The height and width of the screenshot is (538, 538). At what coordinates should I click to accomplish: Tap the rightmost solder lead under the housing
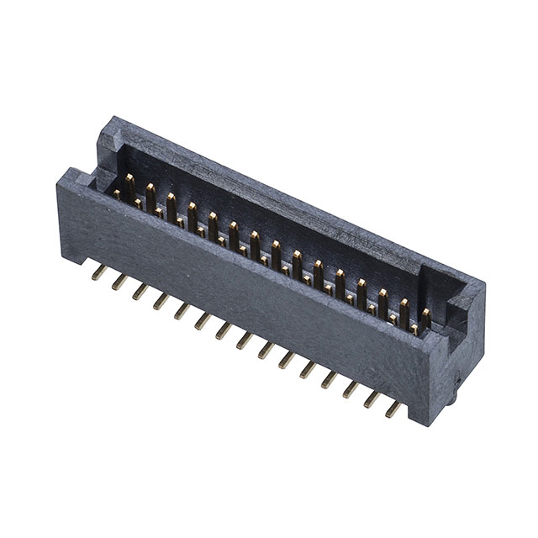point(392,410)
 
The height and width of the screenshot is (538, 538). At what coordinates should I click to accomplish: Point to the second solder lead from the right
point(370,400)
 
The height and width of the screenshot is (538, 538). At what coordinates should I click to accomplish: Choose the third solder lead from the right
point(349,389)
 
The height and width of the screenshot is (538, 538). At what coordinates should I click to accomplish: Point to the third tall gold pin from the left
point(171,203)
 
